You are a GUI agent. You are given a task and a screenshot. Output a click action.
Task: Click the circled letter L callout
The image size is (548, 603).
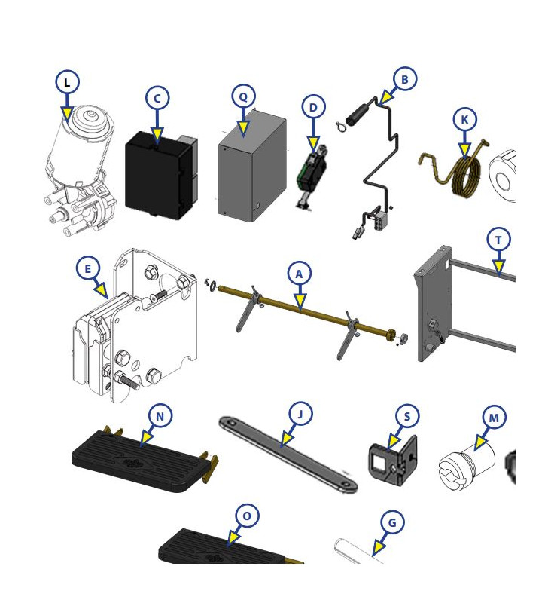click(x=67, y=82)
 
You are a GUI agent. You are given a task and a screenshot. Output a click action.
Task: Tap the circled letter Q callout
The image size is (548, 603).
click(x=243, y=96)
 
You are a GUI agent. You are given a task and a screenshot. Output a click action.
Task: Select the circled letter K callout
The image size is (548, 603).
click(x=464, y=120)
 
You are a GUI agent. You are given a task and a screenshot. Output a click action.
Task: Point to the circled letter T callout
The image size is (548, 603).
click(x=498, y=240)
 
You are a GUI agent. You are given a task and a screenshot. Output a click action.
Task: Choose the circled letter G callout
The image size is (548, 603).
click(x=392, y=522)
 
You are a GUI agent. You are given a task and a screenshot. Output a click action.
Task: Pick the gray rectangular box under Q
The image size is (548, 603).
click(x=252, y=167)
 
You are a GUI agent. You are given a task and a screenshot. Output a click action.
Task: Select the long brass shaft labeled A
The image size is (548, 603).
click(x=303, y=310)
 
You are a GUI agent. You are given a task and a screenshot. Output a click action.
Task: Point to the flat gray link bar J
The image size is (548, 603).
click(x=288, y=454)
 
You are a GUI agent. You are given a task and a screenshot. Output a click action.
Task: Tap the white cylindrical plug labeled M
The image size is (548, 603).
click(x=467, y=466)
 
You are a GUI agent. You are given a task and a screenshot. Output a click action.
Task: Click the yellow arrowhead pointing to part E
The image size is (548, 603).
click(x=102, y=290)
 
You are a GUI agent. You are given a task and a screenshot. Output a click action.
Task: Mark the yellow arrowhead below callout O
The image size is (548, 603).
click(x=232, y=538)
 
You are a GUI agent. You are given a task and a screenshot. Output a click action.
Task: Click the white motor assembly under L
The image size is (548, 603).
click(x=81, y=169)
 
